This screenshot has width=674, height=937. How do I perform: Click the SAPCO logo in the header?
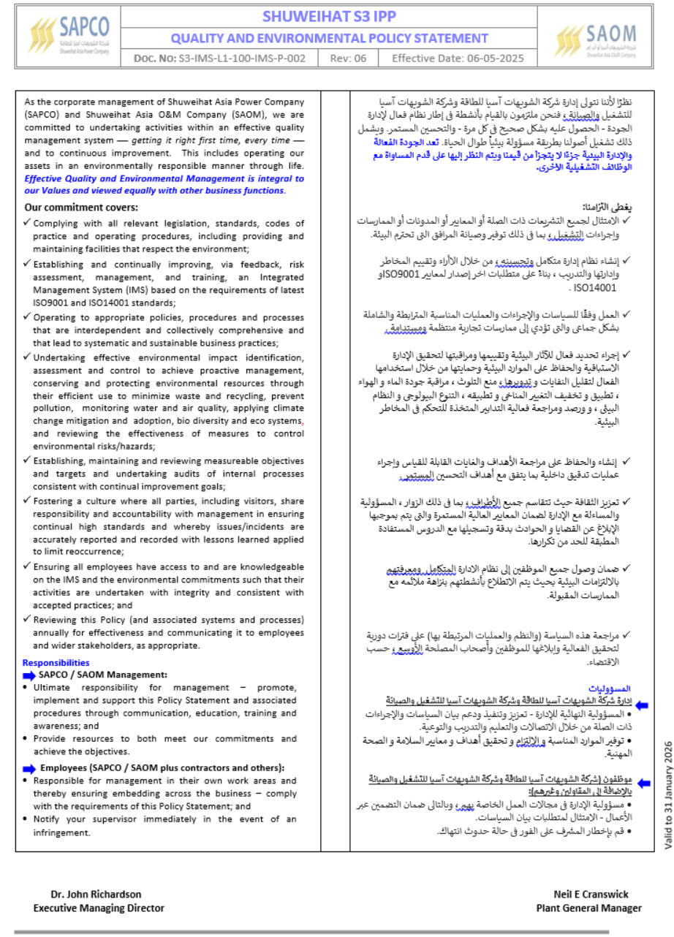pyautogui.click(x=69, y=34)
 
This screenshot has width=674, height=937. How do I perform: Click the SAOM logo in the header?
pyautogui.click(x=595, y=39)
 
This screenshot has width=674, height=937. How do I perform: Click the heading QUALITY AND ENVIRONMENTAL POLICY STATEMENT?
pyautogui.click(x=330, y=38)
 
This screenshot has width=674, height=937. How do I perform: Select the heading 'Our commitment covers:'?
pyautogui.click(x=80, y=208)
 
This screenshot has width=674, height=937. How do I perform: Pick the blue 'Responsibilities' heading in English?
pyautogui.click(x=56, y=663)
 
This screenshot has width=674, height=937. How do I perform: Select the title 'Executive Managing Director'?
pyautogui.click(x=99, y=908)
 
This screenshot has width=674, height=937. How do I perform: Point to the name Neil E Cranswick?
pyautogui.click(x=591, y=894)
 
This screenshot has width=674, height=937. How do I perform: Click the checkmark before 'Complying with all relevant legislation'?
pyautogui.click(x=27, y=222)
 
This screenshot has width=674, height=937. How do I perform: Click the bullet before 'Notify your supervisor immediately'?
pyautogui.click(x=26, y=819)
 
